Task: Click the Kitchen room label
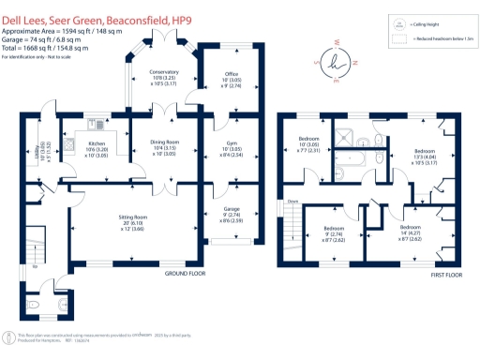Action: point(70,143)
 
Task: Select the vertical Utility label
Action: point(37,148)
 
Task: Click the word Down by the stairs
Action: point(293,201)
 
